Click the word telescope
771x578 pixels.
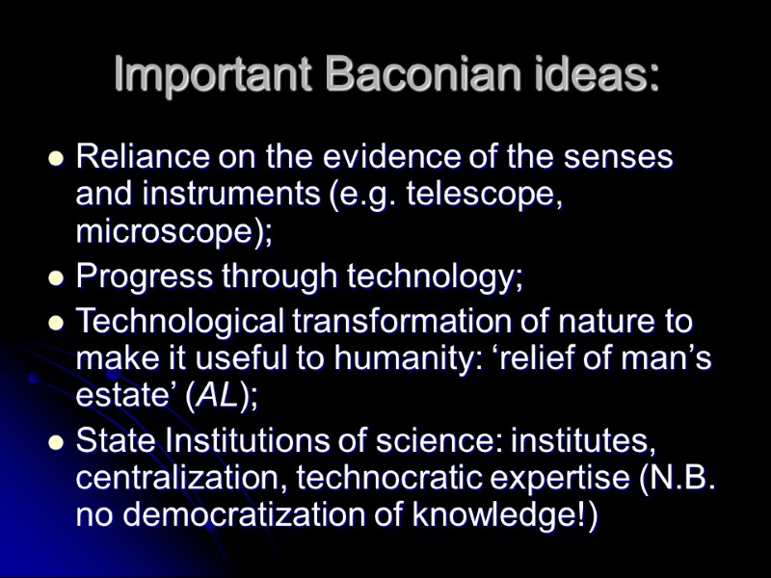pyautogui.click(x=483, y=195)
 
